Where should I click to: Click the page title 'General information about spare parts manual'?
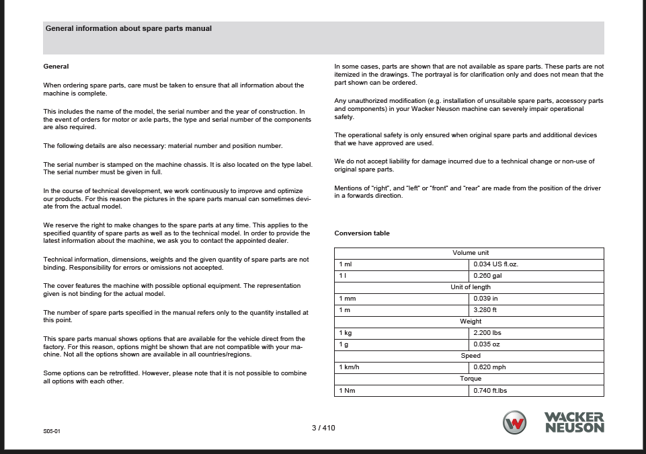point(128,29)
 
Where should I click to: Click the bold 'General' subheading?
point(56,67)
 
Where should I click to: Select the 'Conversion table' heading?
point(362,233)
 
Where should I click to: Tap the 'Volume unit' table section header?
point(470,253)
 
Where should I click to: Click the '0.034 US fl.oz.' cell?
point(495,264)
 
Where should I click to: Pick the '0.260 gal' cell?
point(487,276)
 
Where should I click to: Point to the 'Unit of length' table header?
point(470,287)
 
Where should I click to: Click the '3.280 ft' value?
point(485,310)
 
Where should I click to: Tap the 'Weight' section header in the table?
point(470,321)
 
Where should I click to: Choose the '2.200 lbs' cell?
point(487,333)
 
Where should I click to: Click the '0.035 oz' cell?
point(487,344)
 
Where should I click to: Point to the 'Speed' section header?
point(470,356)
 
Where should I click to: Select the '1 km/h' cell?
point(350,367)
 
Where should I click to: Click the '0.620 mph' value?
point(489,367)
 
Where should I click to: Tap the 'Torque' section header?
point(470,379)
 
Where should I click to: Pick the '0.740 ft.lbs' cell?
point(490,390)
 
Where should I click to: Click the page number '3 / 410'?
point(323,427)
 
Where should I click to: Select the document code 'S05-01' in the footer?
point(52,430)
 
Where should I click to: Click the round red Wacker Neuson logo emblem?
point(515,422)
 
